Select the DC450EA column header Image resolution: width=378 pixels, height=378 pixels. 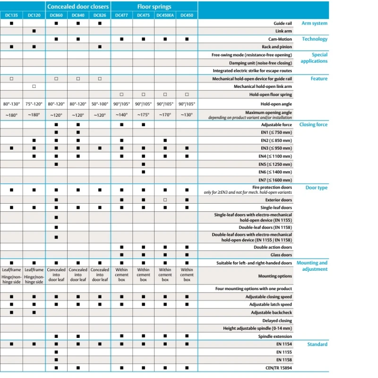coord(165,15)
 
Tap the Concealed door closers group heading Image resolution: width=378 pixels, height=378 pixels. coord(78,7)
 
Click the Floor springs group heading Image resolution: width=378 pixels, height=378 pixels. coord(155,7)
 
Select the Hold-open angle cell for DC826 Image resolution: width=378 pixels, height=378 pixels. coord(100,103)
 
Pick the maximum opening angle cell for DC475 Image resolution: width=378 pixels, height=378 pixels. coord(143,115)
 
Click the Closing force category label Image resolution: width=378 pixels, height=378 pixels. coord(313,125)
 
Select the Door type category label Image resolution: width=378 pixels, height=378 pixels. coord(316,188)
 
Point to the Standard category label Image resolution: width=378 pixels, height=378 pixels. coord(317,344)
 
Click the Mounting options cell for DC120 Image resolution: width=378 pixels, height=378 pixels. coord(34,276)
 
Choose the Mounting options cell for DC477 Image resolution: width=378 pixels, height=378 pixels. coord(121,276)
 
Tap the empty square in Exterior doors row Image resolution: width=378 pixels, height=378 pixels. coord(165,200)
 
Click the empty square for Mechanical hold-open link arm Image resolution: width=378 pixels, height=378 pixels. coord(34,86)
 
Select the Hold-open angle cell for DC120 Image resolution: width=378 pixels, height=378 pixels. coord(34,103)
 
